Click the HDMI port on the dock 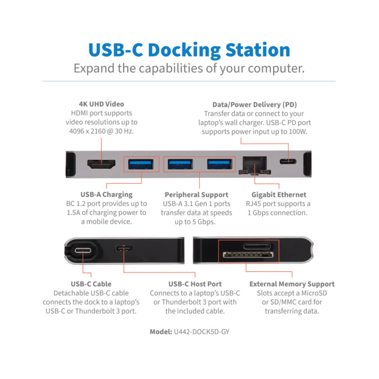(101, 164)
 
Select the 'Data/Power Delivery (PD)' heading (255, 104)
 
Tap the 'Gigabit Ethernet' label (279, 195)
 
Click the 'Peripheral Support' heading (196, 195)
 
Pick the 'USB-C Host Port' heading (195, 284)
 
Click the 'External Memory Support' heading (292, 284)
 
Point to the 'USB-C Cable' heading (91, 284)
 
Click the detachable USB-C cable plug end (84, 250)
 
